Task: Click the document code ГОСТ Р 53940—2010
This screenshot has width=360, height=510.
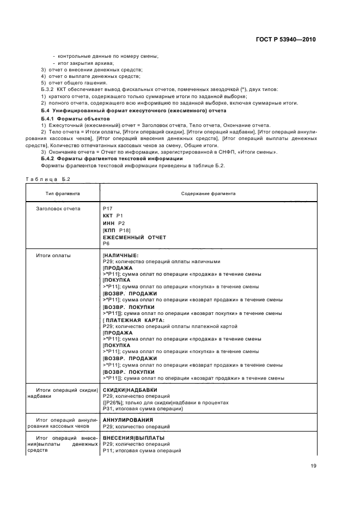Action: pyautogui.click(x=286, y=40)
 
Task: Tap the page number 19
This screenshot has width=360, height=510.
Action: pyautogui.click(x=312, y=465)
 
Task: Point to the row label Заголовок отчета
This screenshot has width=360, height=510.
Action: pyautogui.click(x=58, y=209)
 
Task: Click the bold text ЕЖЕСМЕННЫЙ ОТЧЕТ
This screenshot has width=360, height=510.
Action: pyautogui.click(x=135, y=238)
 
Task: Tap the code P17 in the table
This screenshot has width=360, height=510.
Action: pyautogui.click(x=107, y=209)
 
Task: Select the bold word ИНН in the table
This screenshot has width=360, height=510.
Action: pyautogui.click(x=109, y=223)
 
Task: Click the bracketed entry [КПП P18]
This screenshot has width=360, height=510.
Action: pyautogui.click(x=116, y=230)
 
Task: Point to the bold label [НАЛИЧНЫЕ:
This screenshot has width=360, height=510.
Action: pyautogui.click(x=120, y=255)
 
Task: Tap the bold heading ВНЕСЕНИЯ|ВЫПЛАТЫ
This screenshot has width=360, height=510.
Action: pyautogui.click(x=133, y=438)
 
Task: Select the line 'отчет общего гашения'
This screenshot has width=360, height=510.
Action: pyautogui.click(x=78, y=82)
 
